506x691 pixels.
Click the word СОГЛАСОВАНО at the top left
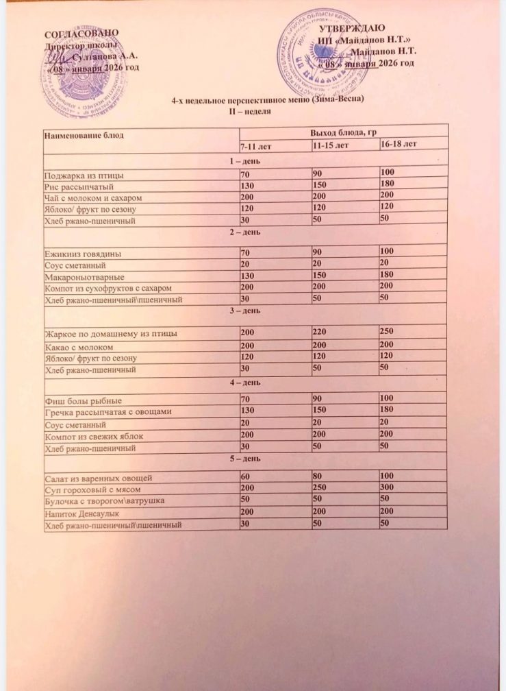(x=81, y=34)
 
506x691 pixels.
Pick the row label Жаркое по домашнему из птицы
(x=112, y=334)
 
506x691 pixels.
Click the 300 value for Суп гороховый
(x=389, y=488)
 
